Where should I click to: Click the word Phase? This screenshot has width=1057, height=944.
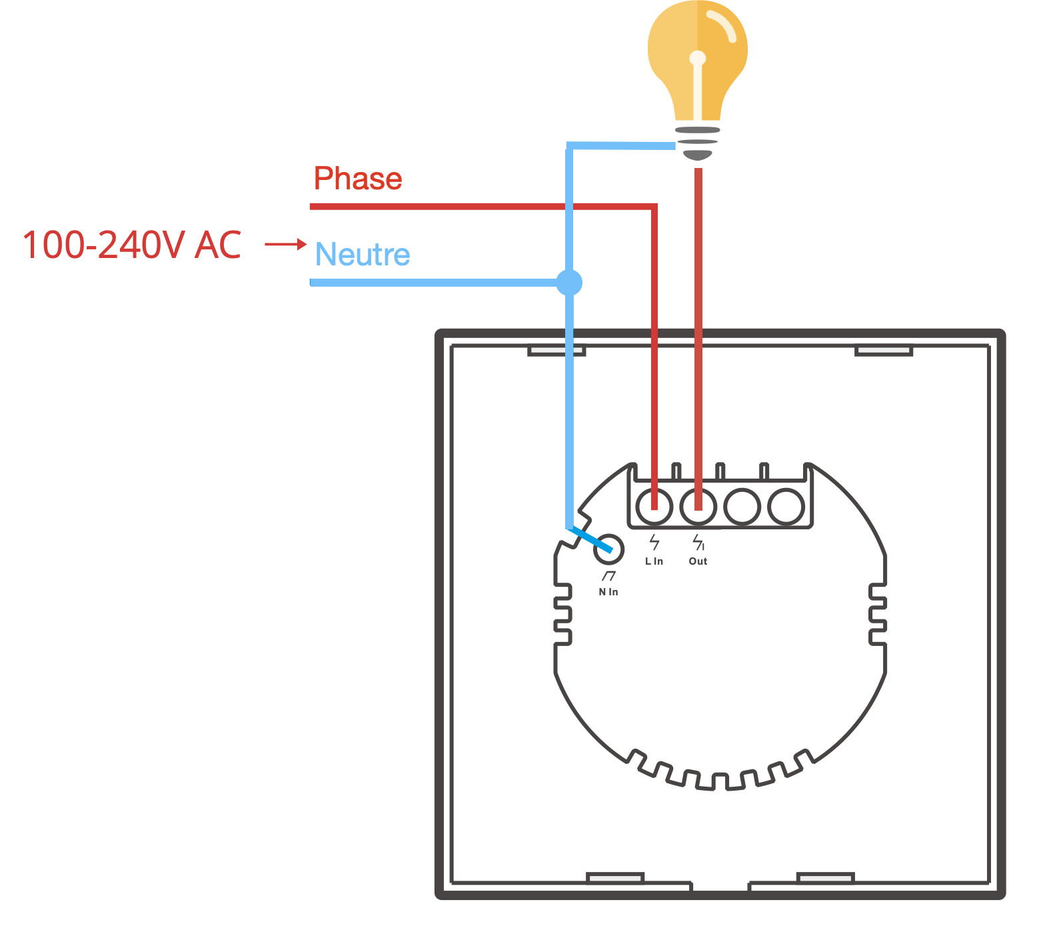point(358,179)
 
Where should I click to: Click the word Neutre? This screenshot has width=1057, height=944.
point(363,255)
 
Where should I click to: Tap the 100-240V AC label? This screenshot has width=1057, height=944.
point(132,245)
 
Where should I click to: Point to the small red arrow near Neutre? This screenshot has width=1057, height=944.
point(285,244)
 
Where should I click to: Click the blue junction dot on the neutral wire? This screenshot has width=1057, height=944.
point(569,283)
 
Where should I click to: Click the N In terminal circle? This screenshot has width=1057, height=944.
point(609,549)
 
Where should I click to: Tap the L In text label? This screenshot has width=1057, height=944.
point(654,561)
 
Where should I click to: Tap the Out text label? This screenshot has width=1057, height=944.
point(698,561)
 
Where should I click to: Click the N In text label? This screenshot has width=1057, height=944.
point(608,592)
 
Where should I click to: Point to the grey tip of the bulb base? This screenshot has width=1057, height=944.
point(698,155)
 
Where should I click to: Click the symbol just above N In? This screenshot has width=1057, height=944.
point(608,576)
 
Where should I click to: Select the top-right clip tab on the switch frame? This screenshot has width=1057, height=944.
point(884,350)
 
